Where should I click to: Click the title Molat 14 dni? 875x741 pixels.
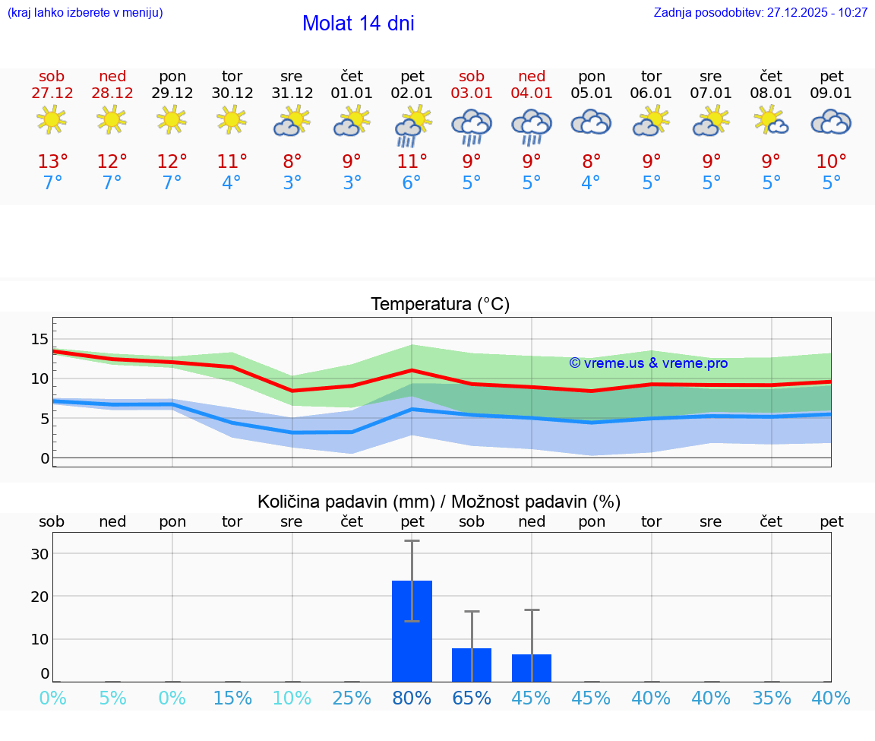[358, 24]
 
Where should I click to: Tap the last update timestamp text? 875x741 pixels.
[760, 13]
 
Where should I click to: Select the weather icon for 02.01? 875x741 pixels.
[412, 125]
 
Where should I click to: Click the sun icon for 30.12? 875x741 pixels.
[232, 119]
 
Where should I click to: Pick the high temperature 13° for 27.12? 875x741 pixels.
[52, 162]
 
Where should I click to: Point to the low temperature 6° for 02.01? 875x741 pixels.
[412, 183]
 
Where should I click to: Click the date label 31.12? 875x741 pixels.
[292, 93]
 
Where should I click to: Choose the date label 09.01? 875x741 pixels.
[831, 93]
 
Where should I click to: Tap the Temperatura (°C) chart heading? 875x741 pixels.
[440, 305]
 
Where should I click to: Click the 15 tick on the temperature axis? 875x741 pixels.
[39, 339]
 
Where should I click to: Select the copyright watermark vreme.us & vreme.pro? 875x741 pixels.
[649, 363]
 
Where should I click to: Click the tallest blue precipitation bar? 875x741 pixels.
[412, 631]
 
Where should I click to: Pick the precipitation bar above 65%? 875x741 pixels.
[472, 664]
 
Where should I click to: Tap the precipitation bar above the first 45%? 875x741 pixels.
[532, 667]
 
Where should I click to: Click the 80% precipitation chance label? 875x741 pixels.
[412, 698]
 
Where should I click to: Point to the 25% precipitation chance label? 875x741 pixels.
[352, 698]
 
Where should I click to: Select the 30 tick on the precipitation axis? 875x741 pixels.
[39, 554]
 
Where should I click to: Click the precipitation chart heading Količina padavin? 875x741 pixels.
[439, 502]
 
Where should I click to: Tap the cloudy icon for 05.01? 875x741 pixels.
[591, 122]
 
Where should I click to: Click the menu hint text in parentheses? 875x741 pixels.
[84, 13]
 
